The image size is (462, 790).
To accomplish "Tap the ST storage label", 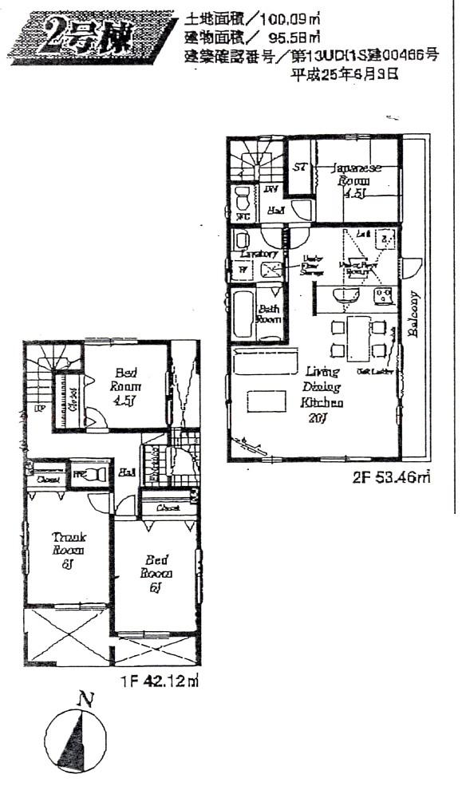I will pyautogui.click(x=301, y=168).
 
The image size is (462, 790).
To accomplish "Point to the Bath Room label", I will pyautogui.click(x=269, y=313).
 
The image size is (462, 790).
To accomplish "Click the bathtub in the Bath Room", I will pyautogui.click(x=243, y=313).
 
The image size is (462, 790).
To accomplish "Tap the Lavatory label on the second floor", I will pyautogui.click(x=258, y=254).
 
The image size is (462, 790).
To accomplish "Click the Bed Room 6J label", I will pyautogui.click(x=156, y=573).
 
